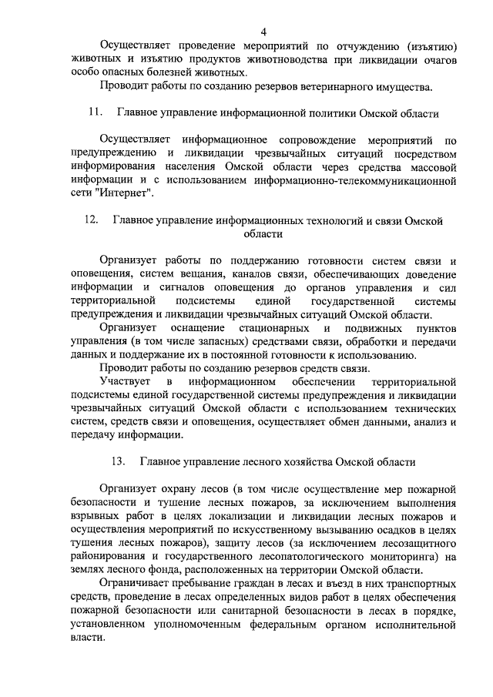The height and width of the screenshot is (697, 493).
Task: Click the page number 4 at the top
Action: (x=263, y=32)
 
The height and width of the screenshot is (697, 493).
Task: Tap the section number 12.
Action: (x=90, y=220)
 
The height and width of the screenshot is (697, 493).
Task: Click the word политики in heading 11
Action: (x=323, y=113)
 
